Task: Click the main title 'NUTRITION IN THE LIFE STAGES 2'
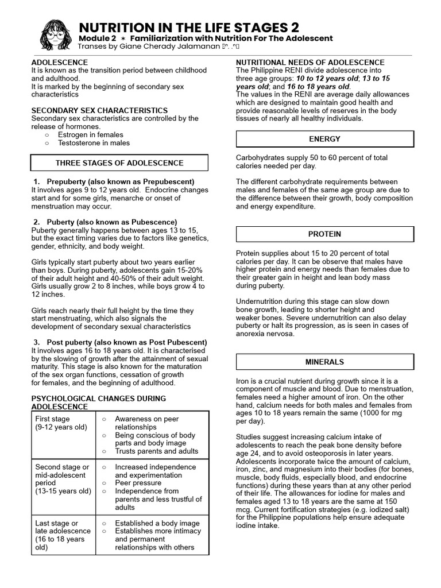[188, 28]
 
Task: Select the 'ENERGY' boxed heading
[325, 139]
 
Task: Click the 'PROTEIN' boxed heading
[325, 234]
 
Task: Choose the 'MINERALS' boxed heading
[325, 362]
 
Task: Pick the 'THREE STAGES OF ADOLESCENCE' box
[119, 163]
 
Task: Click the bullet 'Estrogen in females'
[90, 134]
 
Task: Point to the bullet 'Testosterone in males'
[94, 143]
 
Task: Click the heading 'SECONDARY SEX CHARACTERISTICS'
[99, 110]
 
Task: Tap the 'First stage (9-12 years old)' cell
[61, 423]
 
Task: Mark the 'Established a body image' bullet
[157, 523]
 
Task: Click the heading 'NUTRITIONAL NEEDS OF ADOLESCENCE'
[311, 63]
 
